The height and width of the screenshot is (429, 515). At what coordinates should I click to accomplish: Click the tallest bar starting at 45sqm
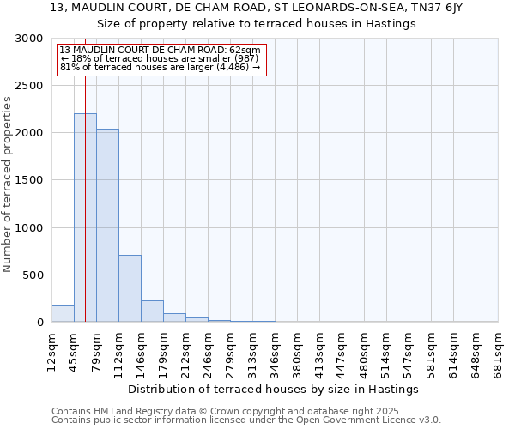[85, 218]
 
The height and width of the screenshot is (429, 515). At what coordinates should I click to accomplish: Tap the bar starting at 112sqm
[130, 288]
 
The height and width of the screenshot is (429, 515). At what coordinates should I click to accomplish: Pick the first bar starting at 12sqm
[63, 314]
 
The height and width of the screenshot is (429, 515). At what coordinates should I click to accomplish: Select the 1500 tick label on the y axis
[30, 181]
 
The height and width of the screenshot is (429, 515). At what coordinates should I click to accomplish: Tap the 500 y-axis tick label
[33, 275]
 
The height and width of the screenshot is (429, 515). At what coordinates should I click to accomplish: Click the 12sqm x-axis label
[52, 353]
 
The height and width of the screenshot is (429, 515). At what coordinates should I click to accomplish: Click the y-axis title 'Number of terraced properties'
[8, 184]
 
